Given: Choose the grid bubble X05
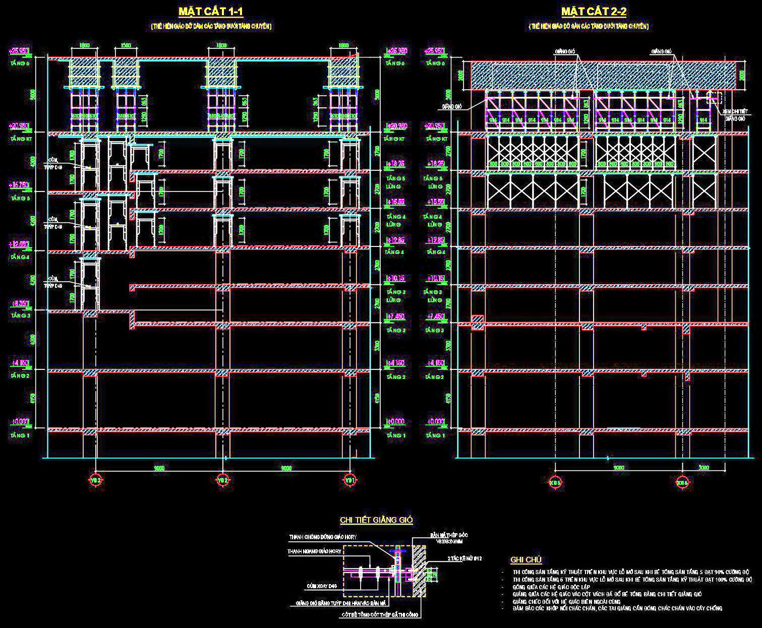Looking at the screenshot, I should click(x=555, y=482).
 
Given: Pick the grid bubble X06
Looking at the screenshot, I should click(x=682, y=482).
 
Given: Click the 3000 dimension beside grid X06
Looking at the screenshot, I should click(x=703, y=468).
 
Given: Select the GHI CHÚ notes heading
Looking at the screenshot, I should click(x=526, y=559).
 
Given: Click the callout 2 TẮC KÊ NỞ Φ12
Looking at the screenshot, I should click(x=464, y=558).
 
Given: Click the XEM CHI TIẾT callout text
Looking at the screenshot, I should click(x=734, y=111).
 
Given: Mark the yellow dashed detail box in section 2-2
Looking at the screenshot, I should click(x=714, y=98).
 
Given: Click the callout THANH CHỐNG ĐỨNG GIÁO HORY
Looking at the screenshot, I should click(x=323, y=537).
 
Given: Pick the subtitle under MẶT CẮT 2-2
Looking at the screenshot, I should click(x=589, y=26).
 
